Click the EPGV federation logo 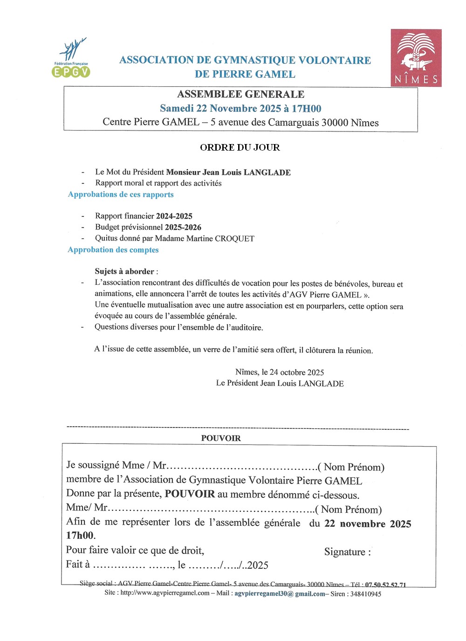[x=70, y=58]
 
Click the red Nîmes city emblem [x=416, y=58]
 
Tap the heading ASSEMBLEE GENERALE [x=240, y=94]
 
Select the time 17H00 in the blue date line [x=306, y=109]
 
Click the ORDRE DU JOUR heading [x=240, y=147]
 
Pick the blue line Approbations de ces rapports [x=121, y=194]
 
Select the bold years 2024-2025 [x=174, y=216]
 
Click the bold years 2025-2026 [x=183, y=227]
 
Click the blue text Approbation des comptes [x=113, y=250]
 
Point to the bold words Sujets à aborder [x=124, y=271]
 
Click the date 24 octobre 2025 [x=296, y=372]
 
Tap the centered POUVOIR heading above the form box [x=221, y=438]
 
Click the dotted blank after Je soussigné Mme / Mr [x=242, y=467]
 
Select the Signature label [x=348, y=552]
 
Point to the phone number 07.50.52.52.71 [x=385, y=585]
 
